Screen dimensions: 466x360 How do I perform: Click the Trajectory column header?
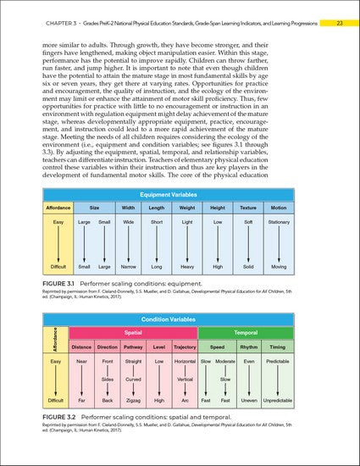[185, 347]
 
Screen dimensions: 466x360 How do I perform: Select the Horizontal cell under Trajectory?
[185, 363]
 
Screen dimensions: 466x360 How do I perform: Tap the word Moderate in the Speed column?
[225, 363]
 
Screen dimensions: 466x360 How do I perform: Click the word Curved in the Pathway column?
[133, 380]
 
